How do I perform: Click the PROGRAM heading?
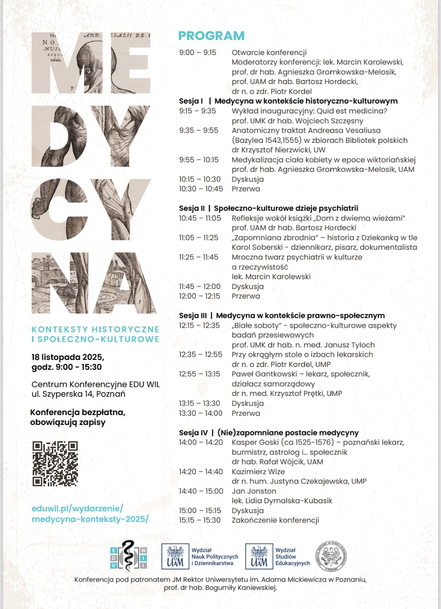211,36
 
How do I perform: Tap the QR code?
55,464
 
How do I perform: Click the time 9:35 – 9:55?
198,131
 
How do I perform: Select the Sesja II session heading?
268,208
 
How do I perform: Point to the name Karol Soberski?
257,247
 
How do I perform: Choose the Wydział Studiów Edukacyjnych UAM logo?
278,556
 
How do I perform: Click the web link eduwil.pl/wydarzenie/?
77,509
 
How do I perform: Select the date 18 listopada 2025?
68,357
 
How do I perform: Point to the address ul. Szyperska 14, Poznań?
78,394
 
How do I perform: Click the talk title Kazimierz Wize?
258,472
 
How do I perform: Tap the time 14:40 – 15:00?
201,491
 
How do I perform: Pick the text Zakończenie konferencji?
275,520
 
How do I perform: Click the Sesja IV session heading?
269,433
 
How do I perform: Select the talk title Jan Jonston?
254,491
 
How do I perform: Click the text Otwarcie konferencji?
269,53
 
